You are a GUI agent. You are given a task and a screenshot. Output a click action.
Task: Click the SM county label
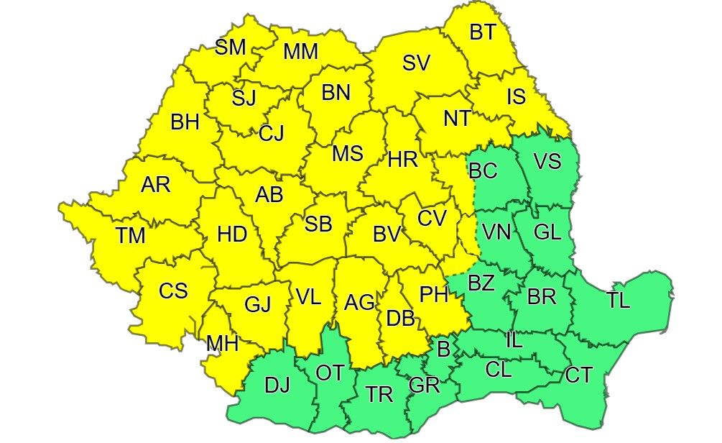pyautogui.click(x=231, y=47)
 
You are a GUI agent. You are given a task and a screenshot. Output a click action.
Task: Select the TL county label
pyautogui.click(x=618, y=301)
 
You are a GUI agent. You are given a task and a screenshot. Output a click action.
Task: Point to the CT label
pyautogui.click(x=579, y=375)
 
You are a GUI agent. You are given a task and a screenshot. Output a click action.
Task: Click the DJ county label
pyautogui.click(x=277, y=385)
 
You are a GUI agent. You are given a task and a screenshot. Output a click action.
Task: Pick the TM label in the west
pyautogui.click(x=130, y=235)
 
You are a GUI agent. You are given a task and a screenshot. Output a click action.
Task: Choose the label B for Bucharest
pyautogui.click(x=443, y=350)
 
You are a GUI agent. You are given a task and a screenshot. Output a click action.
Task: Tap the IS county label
pyautogui.click(x=516, y=96)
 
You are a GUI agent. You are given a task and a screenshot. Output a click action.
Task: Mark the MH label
pyautogui.click(x=222, y=343)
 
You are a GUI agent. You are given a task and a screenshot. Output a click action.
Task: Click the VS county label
pyautogui.click(x=547, y=161)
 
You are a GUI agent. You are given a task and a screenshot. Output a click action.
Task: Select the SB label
pyautogui.click(x=318, y=224)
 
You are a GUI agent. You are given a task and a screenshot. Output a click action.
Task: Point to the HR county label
pyautogui.click(x=402, y=161)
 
